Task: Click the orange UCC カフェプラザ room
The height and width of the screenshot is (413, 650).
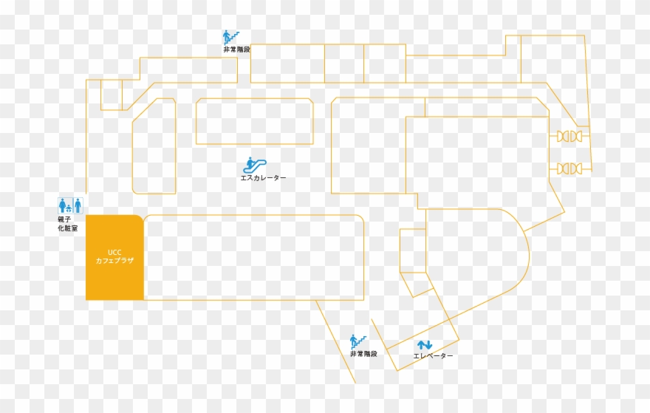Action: [114, 257]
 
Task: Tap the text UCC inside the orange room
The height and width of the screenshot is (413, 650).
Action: [114, 252]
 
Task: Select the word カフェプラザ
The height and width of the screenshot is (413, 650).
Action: [114, 261]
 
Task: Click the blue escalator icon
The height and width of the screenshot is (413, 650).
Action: [255, 165]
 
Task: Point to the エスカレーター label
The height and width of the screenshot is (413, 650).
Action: [263, 178]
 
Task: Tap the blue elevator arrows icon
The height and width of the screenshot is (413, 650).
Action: [425, 345]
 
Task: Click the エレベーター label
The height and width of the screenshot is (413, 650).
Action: [433, 356]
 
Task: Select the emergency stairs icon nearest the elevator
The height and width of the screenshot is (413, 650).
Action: [358, 341]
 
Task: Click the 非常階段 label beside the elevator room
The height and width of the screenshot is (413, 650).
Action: [363, 354]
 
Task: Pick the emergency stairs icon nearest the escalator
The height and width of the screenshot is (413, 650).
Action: [231, 38]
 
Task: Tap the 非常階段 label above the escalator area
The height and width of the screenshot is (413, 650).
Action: [236, 50]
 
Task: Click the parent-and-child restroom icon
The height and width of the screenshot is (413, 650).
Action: [65, 205]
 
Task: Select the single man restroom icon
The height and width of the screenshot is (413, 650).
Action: [78, 205]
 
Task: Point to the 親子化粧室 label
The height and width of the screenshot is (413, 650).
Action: [67, 224]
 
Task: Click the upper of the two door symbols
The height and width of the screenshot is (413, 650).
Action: [569, 136]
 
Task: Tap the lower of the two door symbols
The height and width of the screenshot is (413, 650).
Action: [569, 168]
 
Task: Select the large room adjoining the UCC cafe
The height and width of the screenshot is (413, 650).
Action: [253, 258]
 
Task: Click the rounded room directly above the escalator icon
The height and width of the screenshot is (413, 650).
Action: [255, 121]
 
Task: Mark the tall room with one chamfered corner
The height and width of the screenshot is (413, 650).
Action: [154, 146]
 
